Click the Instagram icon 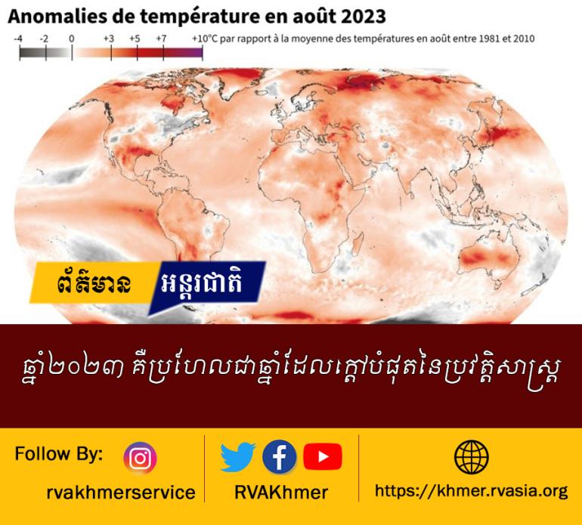pyautogui.click(x=140, y=459)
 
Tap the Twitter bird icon pyautogui.click(x=237, y=457)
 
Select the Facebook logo pyautogui.click(x=280, y=457)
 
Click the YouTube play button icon pyautogui.click(x=322, y=456)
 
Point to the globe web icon pyautogui.click(x=472, y=457)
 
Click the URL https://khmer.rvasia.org pyautogui.click(x=471, y=492)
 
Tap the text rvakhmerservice pyautogui.click(x=121, y=493)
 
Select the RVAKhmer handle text pyautogui.click(x=281, y=493)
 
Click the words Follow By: pyautogui.click(x=59, y=454)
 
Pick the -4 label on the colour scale pyautogui.click(x=18, y=39)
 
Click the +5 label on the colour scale pyautogui.click(x=135, y=39)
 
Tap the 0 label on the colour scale pyautogui.click(x=71, y=39)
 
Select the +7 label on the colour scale pyautogui.click(x=161, y=39)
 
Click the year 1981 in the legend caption pyautogui.click(x=489, y=39)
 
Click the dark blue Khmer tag pyautogui.click(x=206, y=285)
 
